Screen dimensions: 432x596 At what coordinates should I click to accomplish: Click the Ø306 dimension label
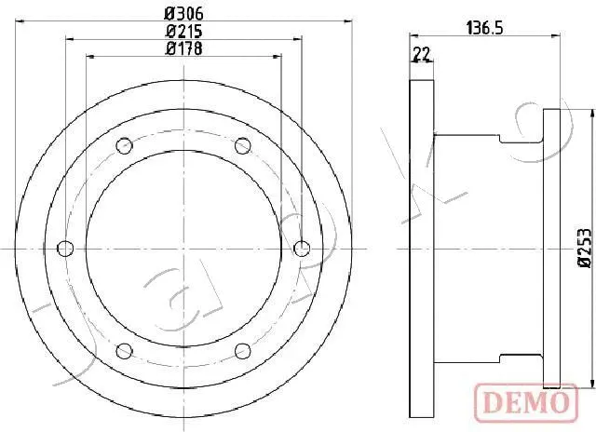pos(183,14)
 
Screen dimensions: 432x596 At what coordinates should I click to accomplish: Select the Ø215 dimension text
pos(183,31)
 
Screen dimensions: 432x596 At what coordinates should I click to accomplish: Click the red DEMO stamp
pos(524,401)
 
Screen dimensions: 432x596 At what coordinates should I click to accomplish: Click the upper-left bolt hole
pos(124,144)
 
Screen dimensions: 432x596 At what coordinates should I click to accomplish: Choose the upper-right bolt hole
pos(243,144)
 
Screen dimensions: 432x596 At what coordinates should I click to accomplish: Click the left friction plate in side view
pos(422,249)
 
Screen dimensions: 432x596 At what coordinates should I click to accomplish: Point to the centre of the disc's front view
pos(183,249)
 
